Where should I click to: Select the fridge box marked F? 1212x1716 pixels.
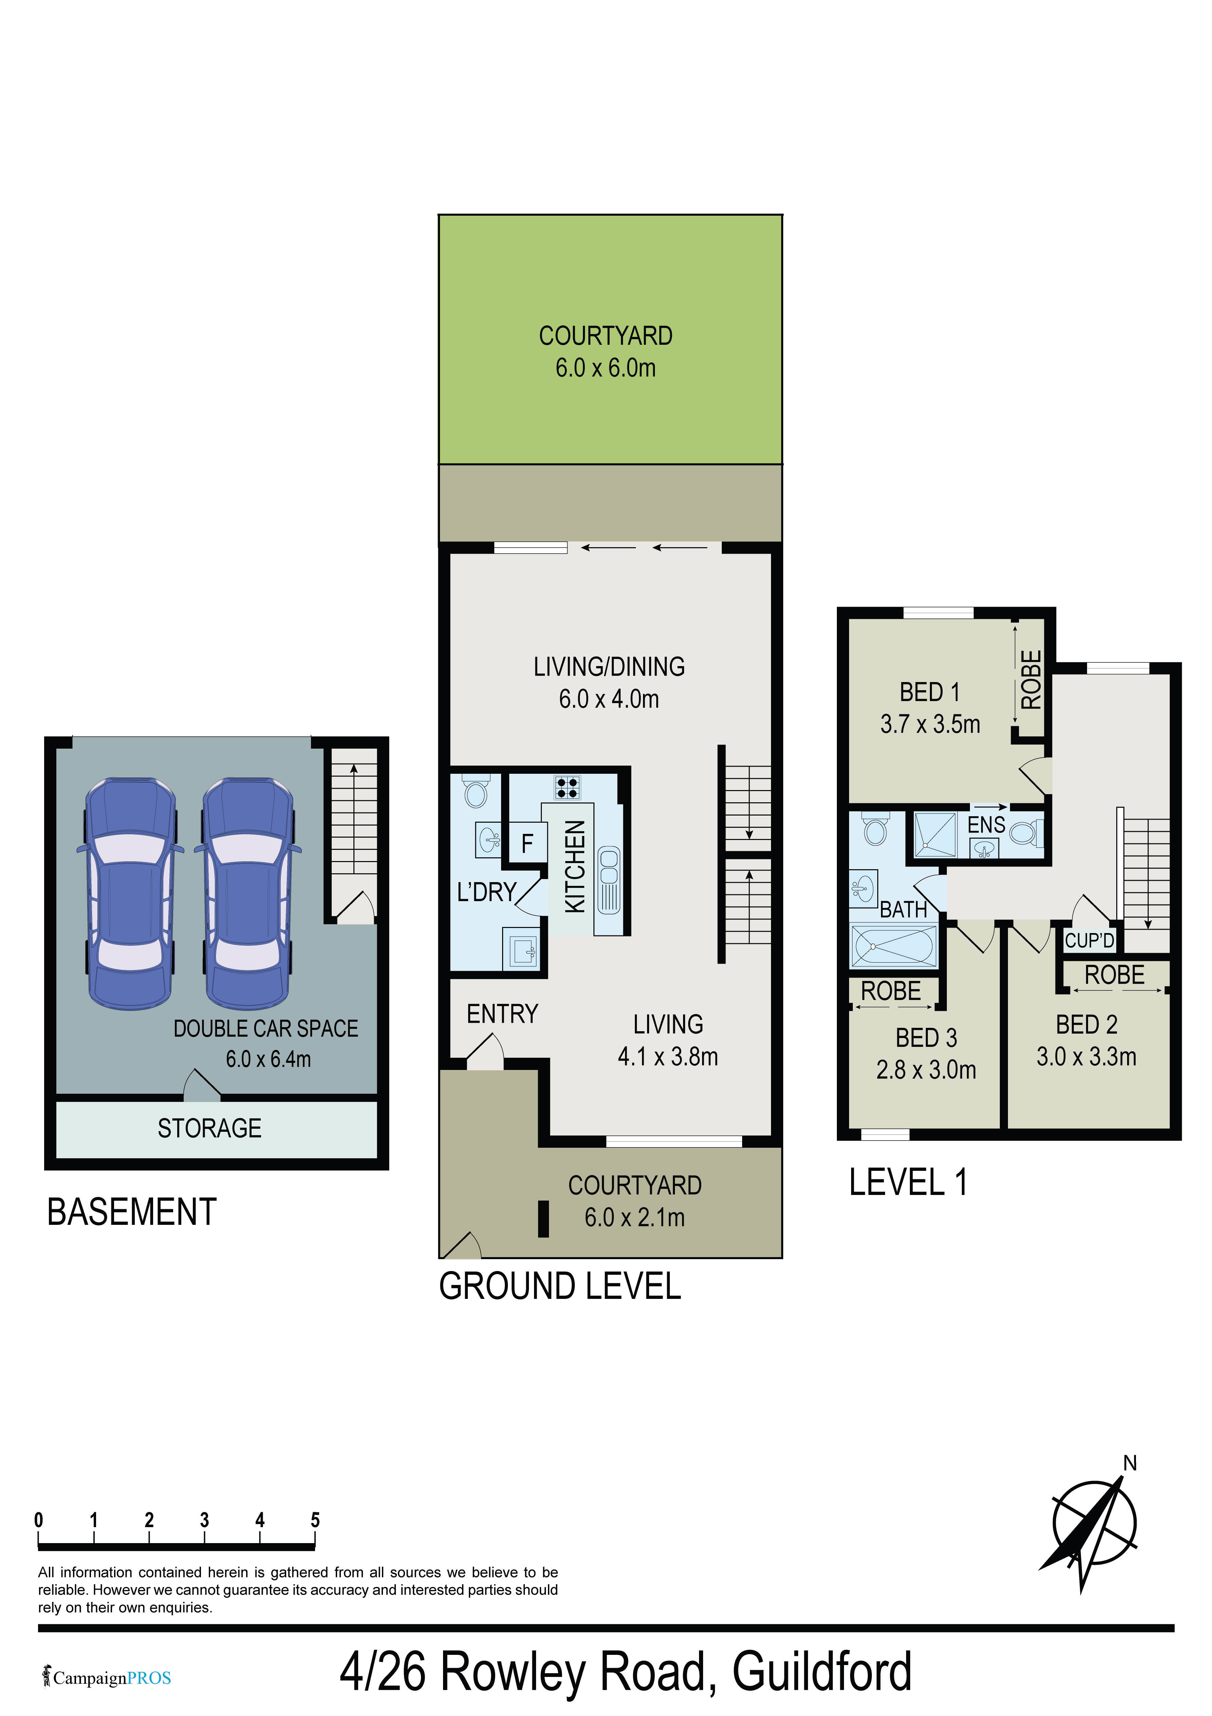tap(527, 844)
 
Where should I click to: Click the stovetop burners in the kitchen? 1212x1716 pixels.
tap(567, 787)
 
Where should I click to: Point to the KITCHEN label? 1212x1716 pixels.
tap(575, 866)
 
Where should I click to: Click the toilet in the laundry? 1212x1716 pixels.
tap(475, 791)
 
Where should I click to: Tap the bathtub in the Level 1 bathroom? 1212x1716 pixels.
tap(894, 945)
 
